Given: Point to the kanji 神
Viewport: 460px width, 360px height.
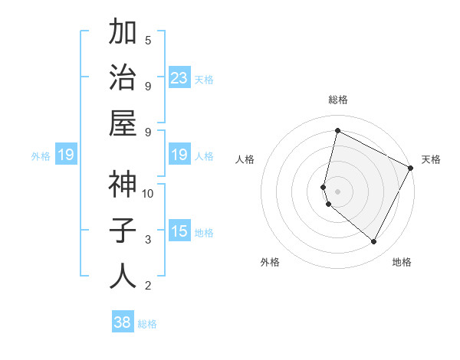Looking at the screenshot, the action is click(x=123, y=185).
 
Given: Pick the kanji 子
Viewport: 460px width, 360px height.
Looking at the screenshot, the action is click(x=123, y=231).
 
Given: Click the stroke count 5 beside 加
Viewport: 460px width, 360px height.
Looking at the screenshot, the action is click(x=148, y=40).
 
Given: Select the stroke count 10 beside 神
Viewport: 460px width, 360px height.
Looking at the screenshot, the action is click(x=148, y=193).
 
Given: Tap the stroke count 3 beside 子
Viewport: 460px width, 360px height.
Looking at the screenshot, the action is click(x=148, y=240).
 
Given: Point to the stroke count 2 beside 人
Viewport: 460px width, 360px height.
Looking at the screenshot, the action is click(x=148, y=286).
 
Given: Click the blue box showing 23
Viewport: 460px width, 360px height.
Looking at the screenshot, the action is click(x=179, y=78).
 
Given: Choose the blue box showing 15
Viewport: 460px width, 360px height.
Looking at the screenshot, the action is click(x=179, y=231).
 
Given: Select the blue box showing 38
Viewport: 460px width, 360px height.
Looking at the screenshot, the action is click(x=123, y=322).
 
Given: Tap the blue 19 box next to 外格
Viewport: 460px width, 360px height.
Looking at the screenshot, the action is click(x=66, y=155).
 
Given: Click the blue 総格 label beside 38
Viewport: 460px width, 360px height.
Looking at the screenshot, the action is click(x=147, y=324).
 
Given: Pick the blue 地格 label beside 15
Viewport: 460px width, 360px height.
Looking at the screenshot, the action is click(x=204, y=233).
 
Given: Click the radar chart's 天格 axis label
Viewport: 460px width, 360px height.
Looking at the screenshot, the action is click(x=431, y=159).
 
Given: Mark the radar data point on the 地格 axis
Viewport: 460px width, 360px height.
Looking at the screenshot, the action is click(x=374, y=242).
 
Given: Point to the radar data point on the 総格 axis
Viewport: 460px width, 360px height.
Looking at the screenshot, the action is click(x=337, y=131).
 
